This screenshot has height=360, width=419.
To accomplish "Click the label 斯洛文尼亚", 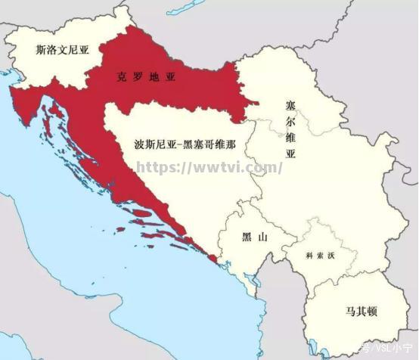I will click(62, 50).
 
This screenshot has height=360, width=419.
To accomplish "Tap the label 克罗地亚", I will click(147, 76).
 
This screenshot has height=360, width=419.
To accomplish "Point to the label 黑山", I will click(254, 237).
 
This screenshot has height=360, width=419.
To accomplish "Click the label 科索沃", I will click(319, 256).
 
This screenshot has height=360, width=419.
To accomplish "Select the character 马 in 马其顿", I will click(334, 311).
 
